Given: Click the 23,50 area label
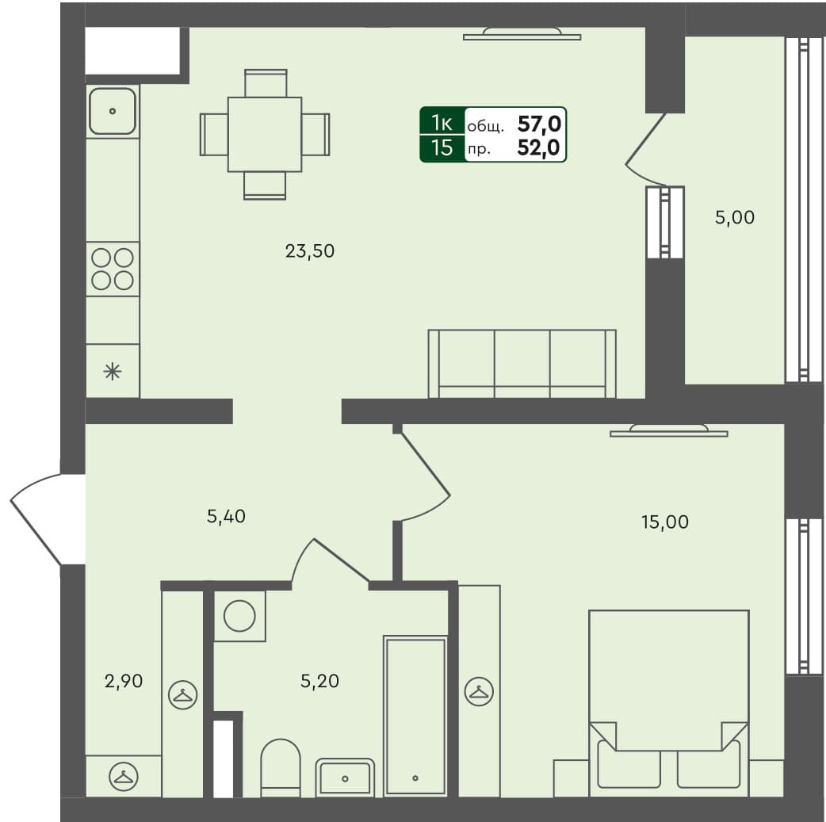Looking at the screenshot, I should tap(310, 252).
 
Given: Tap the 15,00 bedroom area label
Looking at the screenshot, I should tap(664, 522).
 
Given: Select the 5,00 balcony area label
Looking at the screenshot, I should tap(734, 217).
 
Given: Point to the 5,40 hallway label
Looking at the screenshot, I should tap(226, 517).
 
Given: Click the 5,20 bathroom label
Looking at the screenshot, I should tap(320, 680).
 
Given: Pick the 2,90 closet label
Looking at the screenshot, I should tap(124, 680).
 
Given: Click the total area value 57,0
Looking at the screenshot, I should tap(539, 123).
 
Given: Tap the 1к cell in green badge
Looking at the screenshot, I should tap(442, 123).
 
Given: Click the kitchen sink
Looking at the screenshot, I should tap(113, 111).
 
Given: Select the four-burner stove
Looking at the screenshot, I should tap(113, 269).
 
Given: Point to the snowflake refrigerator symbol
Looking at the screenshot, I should tap(113, 371).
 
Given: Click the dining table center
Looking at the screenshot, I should tap(265, 134).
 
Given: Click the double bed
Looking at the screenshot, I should tap(669, 702).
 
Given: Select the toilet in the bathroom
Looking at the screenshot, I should tap(281, 767).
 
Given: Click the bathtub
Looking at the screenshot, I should tap(415, 714).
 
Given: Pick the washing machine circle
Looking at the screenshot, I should tap(239, 616).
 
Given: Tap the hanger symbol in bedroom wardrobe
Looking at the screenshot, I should tap(479, 691).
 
